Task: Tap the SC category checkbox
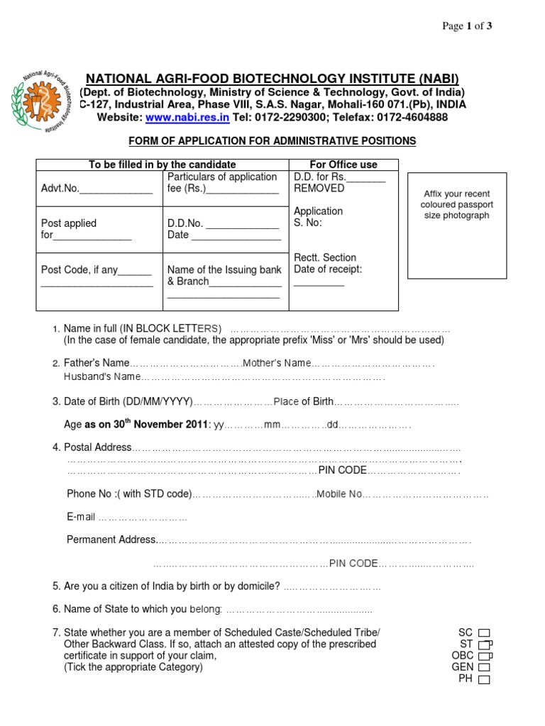tap(484, 632)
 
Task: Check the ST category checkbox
tap(484, 644)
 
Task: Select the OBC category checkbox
tap(484, 656)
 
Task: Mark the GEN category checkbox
tap(484, 667)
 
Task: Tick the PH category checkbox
tap(484, 679)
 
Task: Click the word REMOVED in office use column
tap(319, 189)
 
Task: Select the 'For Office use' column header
tap(343, 164)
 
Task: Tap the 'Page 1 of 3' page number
tap(467, 26)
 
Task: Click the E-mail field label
tap(81, 517)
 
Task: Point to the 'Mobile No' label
tap(339, 493)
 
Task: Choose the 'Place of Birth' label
tap(303, 402)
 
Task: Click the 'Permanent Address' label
tap(111, 540)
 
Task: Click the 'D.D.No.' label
tap(185, 223)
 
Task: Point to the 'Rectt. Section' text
tap(325, 257)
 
